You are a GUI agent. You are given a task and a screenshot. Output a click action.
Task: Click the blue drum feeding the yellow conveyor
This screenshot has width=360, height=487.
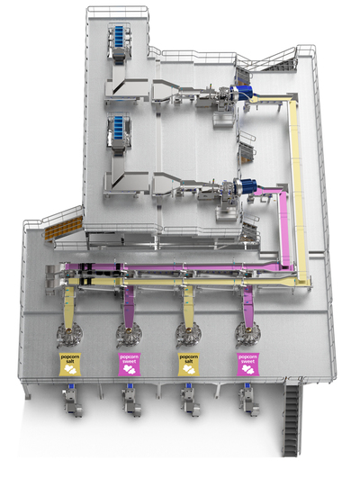243,92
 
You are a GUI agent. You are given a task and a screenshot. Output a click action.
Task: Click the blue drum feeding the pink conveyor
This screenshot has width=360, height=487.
247,185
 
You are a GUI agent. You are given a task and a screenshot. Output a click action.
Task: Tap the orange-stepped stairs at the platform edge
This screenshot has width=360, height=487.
63,228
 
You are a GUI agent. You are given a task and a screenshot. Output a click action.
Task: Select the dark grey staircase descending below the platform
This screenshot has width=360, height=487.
292,419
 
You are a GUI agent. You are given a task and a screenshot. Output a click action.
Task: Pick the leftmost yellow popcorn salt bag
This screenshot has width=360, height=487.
70,364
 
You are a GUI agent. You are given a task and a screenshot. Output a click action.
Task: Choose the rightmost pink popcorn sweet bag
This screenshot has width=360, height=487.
247,364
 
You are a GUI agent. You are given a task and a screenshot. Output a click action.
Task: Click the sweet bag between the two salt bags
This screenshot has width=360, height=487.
130,364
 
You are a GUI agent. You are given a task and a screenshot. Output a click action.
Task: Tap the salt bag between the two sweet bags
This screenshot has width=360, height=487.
188,364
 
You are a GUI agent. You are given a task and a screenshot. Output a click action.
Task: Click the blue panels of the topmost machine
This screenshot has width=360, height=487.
119,36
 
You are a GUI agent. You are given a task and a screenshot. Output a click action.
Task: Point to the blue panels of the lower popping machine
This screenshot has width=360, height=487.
119,127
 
